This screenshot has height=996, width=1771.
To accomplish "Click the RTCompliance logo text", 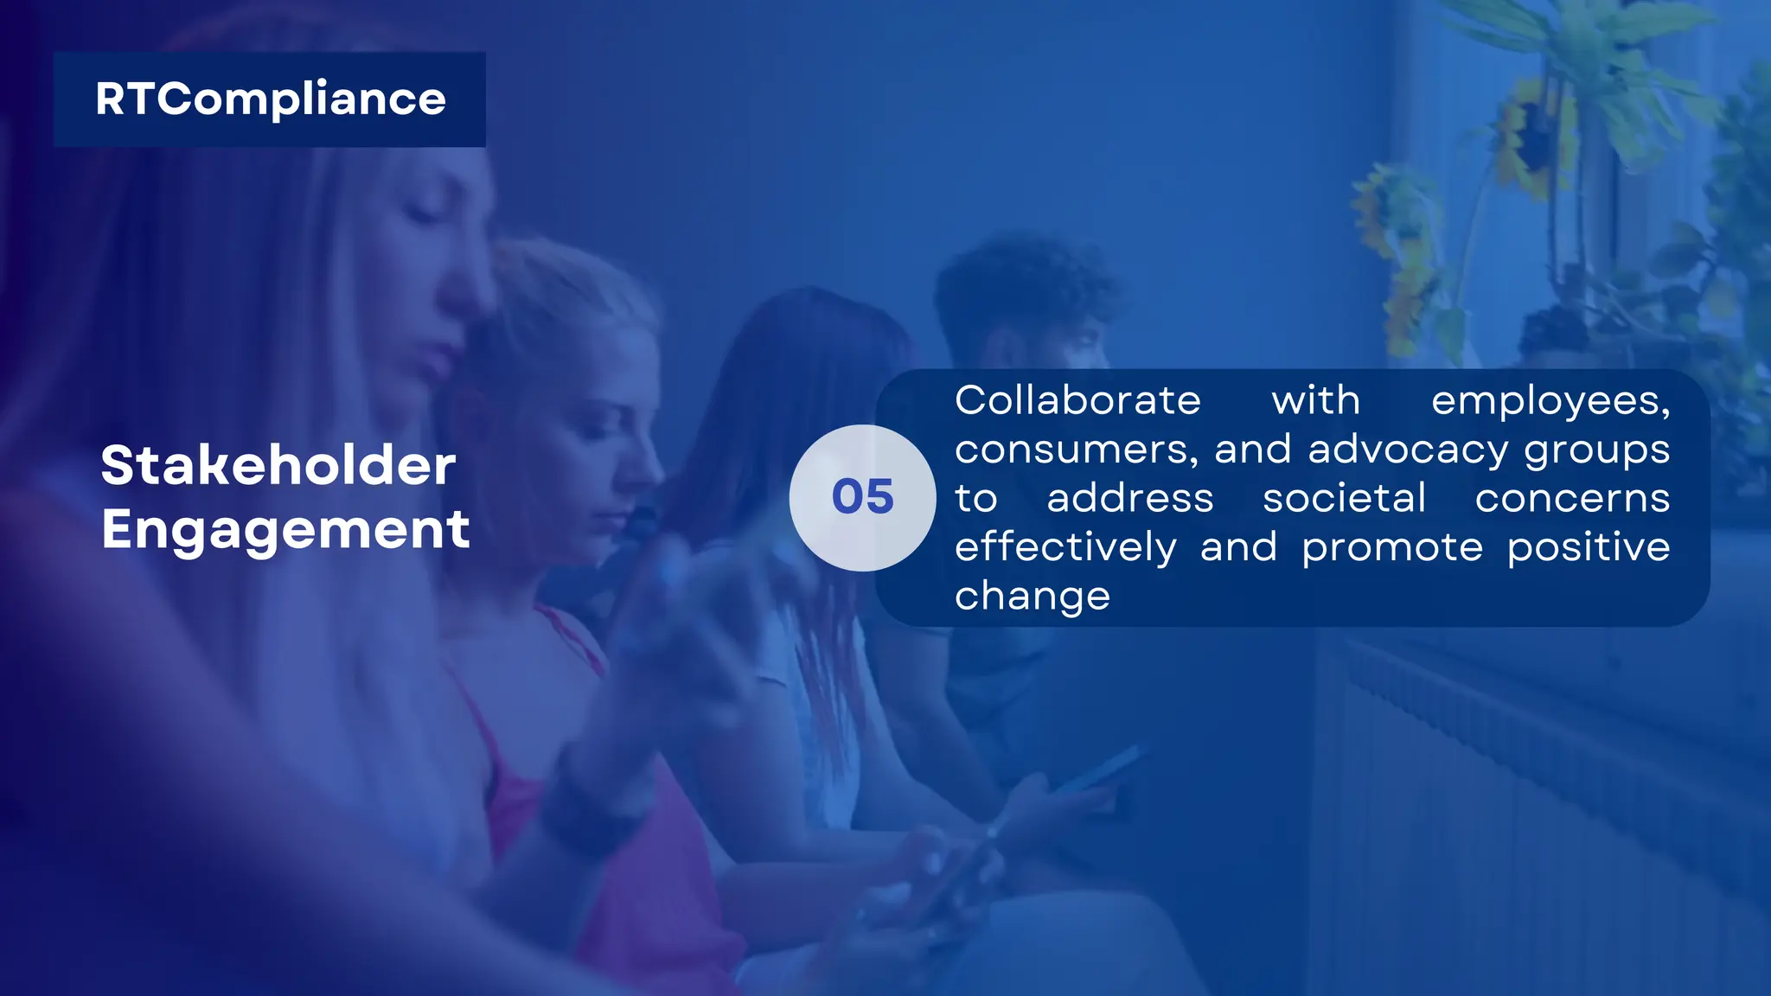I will [270, 99].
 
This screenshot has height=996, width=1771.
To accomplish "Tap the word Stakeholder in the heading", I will [278, 466].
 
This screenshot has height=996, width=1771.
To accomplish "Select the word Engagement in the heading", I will [285, 529].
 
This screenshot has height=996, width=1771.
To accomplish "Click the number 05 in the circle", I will [862, 497].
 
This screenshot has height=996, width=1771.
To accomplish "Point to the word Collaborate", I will [1077, 401].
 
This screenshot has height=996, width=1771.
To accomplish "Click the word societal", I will [1344, 499].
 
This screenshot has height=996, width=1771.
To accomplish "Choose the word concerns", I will [1572, 499].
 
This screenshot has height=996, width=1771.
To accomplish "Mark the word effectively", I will [1065, 548].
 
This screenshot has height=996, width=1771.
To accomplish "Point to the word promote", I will [1392, 548].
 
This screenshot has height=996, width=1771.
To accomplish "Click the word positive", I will [1589, 548].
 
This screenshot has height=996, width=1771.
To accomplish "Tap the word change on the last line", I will [1033, 597].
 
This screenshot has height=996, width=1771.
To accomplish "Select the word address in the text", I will [1130, 499].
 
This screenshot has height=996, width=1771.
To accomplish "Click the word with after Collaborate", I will [1315, 401].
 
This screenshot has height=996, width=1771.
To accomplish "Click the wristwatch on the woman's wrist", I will [597, 804].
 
